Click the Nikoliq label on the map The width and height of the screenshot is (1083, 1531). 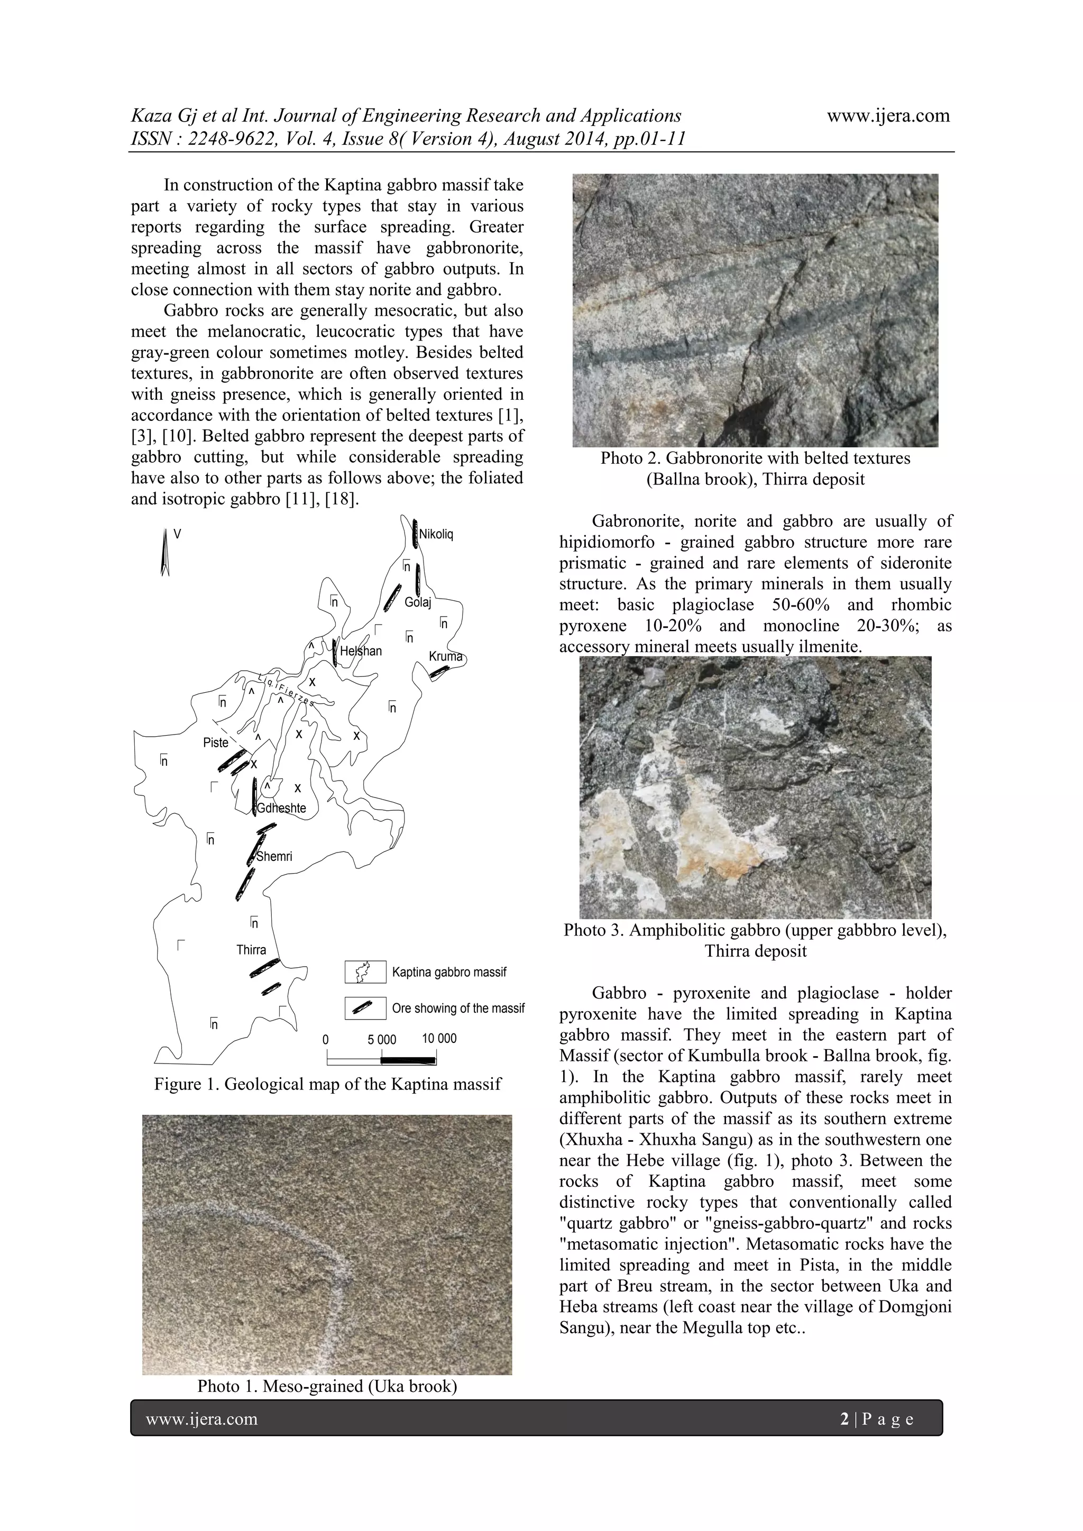pyautogui.click(x=436, y=534)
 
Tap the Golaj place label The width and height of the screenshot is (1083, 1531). pyautogui.click(x=418, y=603)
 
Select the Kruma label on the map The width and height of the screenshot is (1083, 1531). pyautogui.click(x=445, y=656)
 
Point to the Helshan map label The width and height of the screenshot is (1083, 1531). pyautogui.click(x=361, y=651)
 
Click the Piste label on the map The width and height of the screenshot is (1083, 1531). pyautogui.click(x=215, y=743)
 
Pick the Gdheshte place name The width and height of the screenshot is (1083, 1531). pyautogui.click(x=281, y=808)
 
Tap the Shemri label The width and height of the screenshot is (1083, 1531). pyautogui.click(x=274, y=856)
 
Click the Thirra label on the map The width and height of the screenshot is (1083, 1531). pyautogui.click(x=251, y=950)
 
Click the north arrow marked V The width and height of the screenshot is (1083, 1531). pyautogui.click(x=164, y=552)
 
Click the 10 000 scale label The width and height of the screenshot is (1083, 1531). pyautogui.click(x=439, y=1038)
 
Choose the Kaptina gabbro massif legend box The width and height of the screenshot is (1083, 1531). pyautogui.click(x=365, y=972)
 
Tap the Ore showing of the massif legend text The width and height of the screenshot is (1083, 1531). pyautogui.click(x=458, y=1008)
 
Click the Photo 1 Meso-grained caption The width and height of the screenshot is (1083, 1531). pyautogui.click(x=327, y=1386)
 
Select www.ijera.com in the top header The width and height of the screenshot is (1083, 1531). pyautogui.click(x=888, y=115)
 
